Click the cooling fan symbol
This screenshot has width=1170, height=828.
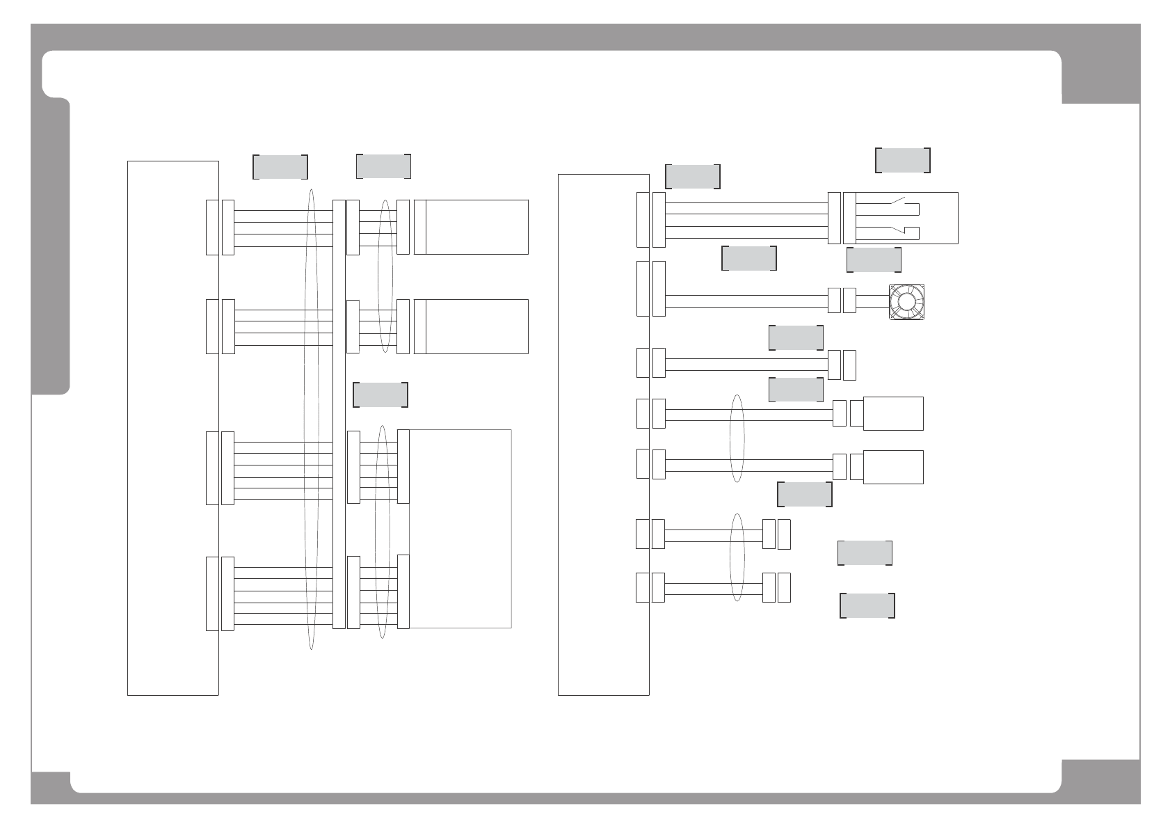[907, 302]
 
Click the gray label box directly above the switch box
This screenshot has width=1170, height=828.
[902, 160]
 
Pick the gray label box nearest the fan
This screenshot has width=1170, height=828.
[874, 260]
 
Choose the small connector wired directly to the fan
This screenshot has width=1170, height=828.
[849, 301]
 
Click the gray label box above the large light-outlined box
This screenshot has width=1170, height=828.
[380, 395]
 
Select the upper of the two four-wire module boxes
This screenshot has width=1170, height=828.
[476, 227]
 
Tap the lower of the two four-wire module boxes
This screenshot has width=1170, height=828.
[476, 326]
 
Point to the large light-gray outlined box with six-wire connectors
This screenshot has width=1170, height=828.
[460, 529]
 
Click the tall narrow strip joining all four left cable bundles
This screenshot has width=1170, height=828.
[339, 414]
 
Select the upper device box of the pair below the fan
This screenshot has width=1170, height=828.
[892, 414]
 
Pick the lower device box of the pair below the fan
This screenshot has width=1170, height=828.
[892, 467]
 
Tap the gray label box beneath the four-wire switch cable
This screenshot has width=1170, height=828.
[749, 258]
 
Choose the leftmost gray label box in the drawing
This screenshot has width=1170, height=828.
[280, 167]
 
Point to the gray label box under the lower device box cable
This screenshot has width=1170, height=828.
[804, 494]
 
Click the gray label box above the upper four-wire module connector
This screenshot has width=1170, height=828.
[383, 166]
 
